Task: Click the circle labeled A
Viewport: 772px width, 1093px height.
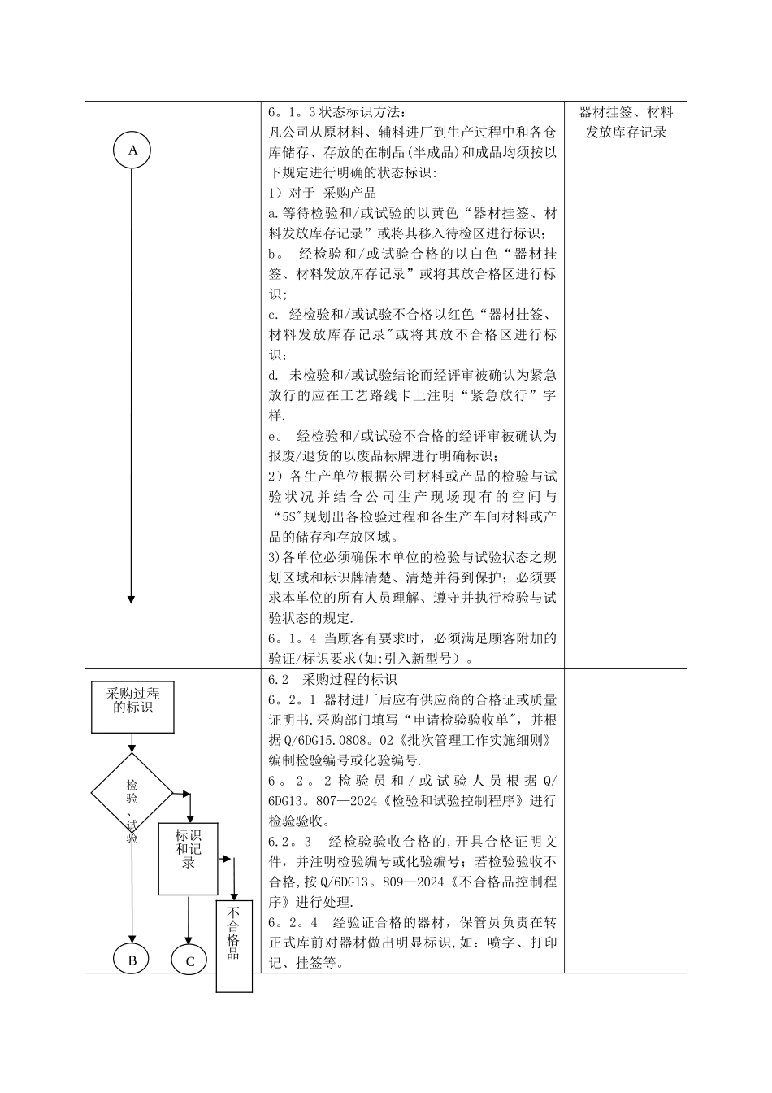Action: pyautogui.click(x=132, y=150)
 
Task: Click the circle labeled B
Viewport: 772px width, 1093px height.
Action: pyautogui.click(x=131, y=960)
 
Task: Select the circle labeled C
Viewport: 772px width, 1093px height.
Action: pyautogui.click(x=189, y=960)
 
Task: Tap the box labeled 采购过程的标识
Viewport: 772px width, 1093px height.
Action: pyautogui.click(x=132, y=701)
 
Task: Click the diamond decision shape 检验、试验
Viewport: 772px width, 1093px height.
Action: pyautogui.click(x=132, y=793)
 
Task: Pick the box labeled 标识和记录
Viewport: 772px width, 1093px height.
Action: pyautogui.click(x=188, y=848)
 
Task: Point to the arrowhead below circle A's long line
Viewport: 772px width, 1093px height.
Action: pyautogui.click(x=132, y=599)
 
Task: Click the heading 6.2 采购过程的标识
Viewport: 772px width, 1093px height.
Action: pyautogui.click(x=332, y=679)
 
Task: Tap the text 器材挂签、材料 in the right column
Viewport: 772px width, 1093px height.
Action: pyautogui.click(x=626, y=112)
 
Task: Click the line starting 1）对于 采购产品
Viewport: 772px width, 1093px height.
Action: pyautogui.click(x=323, y=194)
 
